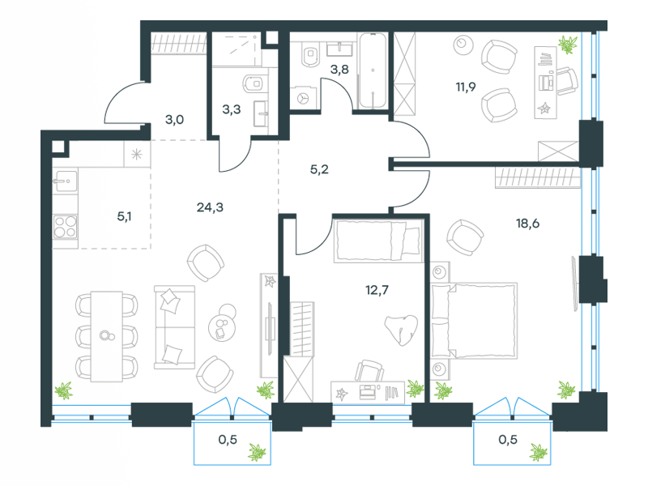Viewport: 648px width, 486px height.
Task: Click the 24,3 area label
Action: point(210,207)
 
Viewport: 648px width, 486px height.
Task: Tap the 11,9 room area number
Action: point(466,87)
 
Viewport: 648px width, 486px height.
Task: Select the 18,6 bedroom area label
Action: point(527,224)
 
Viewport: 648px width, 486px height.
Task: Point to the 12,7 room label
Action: point(377,290)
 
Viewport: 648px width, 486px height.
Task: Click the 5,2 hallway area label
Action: point(319,169)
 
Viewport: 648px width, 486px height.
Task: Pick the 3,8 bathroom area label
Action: point(339,69)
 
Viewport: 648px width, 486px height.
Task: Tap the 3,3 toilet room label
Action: point(232,109)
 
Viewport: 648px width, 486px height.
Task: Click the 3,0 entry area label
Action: point(174,120)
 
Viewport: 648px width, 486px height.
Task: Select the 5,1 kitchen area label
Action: point(124,216)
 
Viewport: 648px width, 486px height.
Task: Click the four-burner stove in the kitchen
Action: point(66,227)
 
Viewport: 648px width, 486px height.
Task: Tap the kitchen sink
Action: point(66,181)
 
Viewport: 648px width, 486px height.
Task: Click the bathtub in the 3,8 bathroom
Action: point(373,70)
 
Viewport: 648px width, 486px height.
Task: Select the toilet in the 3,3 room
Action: point(253,83)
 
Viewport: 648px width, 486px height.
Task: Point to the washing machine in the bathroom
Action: point(304,99)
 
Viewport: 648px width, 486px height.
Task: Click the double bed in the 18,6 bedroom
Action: point(474,321)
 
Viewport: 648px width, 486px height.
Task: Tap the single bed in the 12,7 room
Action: point(378,241)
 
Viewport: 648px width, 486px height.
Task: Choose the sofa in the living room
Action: point(174,327)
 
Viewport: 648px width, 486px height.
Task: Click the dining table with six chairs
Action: point(107,336)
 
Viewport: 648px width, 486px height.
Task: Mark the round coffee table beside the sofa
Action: point(222,322)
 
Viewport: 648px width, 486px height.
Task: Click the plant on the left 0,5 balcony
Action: point(257,452)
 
